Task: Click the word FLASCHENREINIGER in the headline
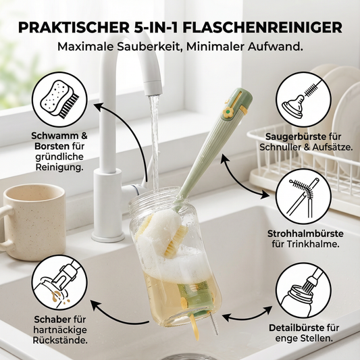click(x=263, y=28)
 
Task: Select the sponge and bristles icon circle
click(x=59, y=100)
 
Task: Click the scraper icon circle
click(x=59, y=282)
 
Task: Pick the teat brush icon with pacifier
click(x=303, y=99)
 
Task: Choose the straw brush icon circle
click(x=303, y=197)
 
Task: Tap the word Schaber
click(x=53, y=319)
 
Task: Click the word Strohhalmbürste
click(x=305, y=234)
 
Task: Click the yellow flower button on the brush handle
click(x=228, y=112)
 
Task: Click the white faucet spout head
click(x=153, y=86)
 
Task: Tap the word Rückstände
click(x=60, y=340)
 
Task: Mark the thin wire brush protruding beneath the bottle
click(x=214, y=324)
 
